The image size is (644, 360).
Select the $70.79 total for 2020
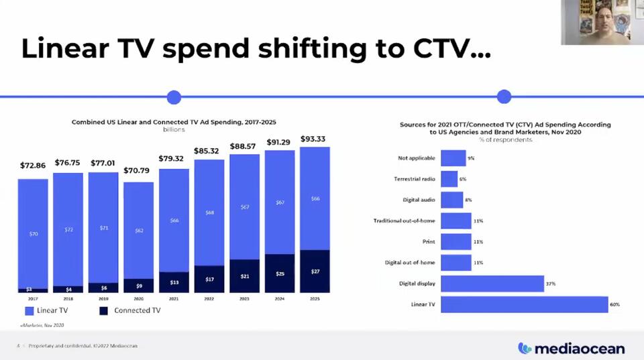click(138, 170)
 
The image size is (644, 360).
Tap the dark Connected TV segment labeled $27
click(315, 271)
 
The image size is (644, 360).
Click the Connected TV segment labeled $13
click(174, 282)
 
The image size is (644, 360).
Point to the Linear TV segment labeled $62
click(139, 230)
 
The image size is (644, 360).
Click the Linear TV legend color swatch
click(30, 310)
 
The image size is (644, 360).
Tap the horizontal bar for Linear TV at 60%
click(524, 304)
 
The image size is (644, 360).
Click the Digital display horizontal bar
click(492, 284)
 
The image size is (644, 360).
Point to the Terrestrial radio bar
click(449, 179)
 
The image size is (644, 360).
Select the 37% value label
click(550, 284)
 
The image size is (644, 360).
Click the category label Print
click(429, 241)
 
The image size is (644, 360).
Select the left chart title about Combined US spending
click(174, 122)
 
